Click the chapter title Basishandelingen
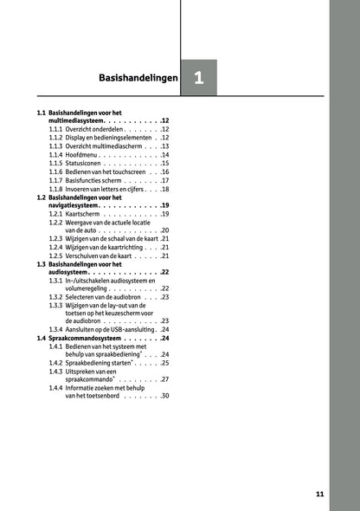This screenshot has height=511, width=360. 138,78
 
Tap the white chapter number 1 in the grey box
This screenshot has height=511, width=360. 199,78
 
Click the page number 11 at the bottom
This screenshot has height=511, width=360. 319,494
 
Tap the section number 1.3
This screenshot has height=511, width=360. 42,263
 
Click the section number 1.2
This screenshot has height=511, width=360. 42,197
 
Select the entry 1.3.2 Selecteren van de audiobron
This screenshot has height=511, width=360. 104,296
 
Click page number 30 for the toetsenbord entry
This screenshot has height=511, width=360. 164,396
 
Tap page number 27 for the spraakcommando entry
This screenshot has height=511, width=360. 164,379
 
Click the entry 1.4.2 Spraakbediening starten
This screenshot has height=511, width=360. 100,363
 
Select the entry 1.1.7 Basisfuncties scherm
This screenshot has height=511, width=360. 99,179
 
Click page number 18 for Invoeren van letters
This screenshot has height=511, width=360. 164,188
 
